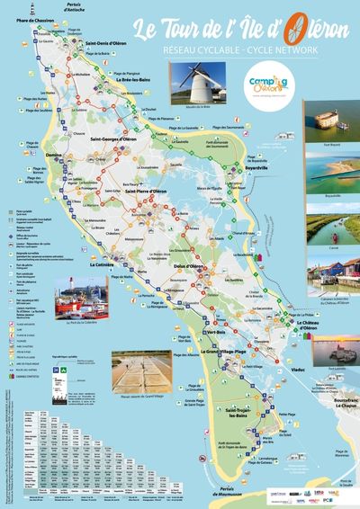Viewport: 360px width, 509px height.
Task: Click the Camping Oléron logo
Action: (x=266, y=87)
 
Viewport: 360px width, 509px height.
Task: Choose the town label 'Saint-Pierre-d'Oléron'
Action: (x=145, y=192)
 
